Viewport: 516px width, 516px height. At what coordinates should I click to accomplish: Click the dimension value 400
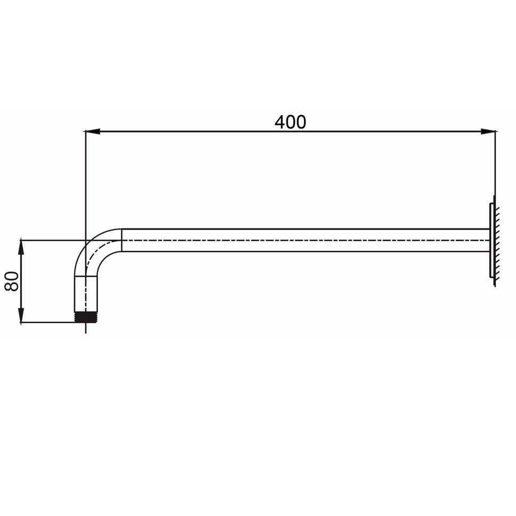(x=290, y=122)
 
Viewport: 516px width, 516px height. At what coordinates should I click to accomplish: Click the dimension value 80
(x=12, y=281)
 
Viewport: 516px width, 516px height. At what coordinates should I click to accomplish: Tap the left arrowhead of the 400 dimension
(x=93, y=132)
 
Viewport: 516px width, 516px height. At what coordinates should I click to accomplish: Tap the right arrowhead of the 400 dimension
(x=488, y=132)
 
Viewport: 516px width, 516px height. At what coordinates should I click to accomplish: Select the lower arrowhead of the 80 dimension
(x=21, y=315)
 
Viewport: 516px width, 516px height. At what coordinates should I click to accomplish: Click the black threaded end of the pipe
(x=86, y=317)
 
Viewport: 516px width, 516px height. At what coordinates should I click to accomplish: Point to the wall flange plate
(x=492, y=240)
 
